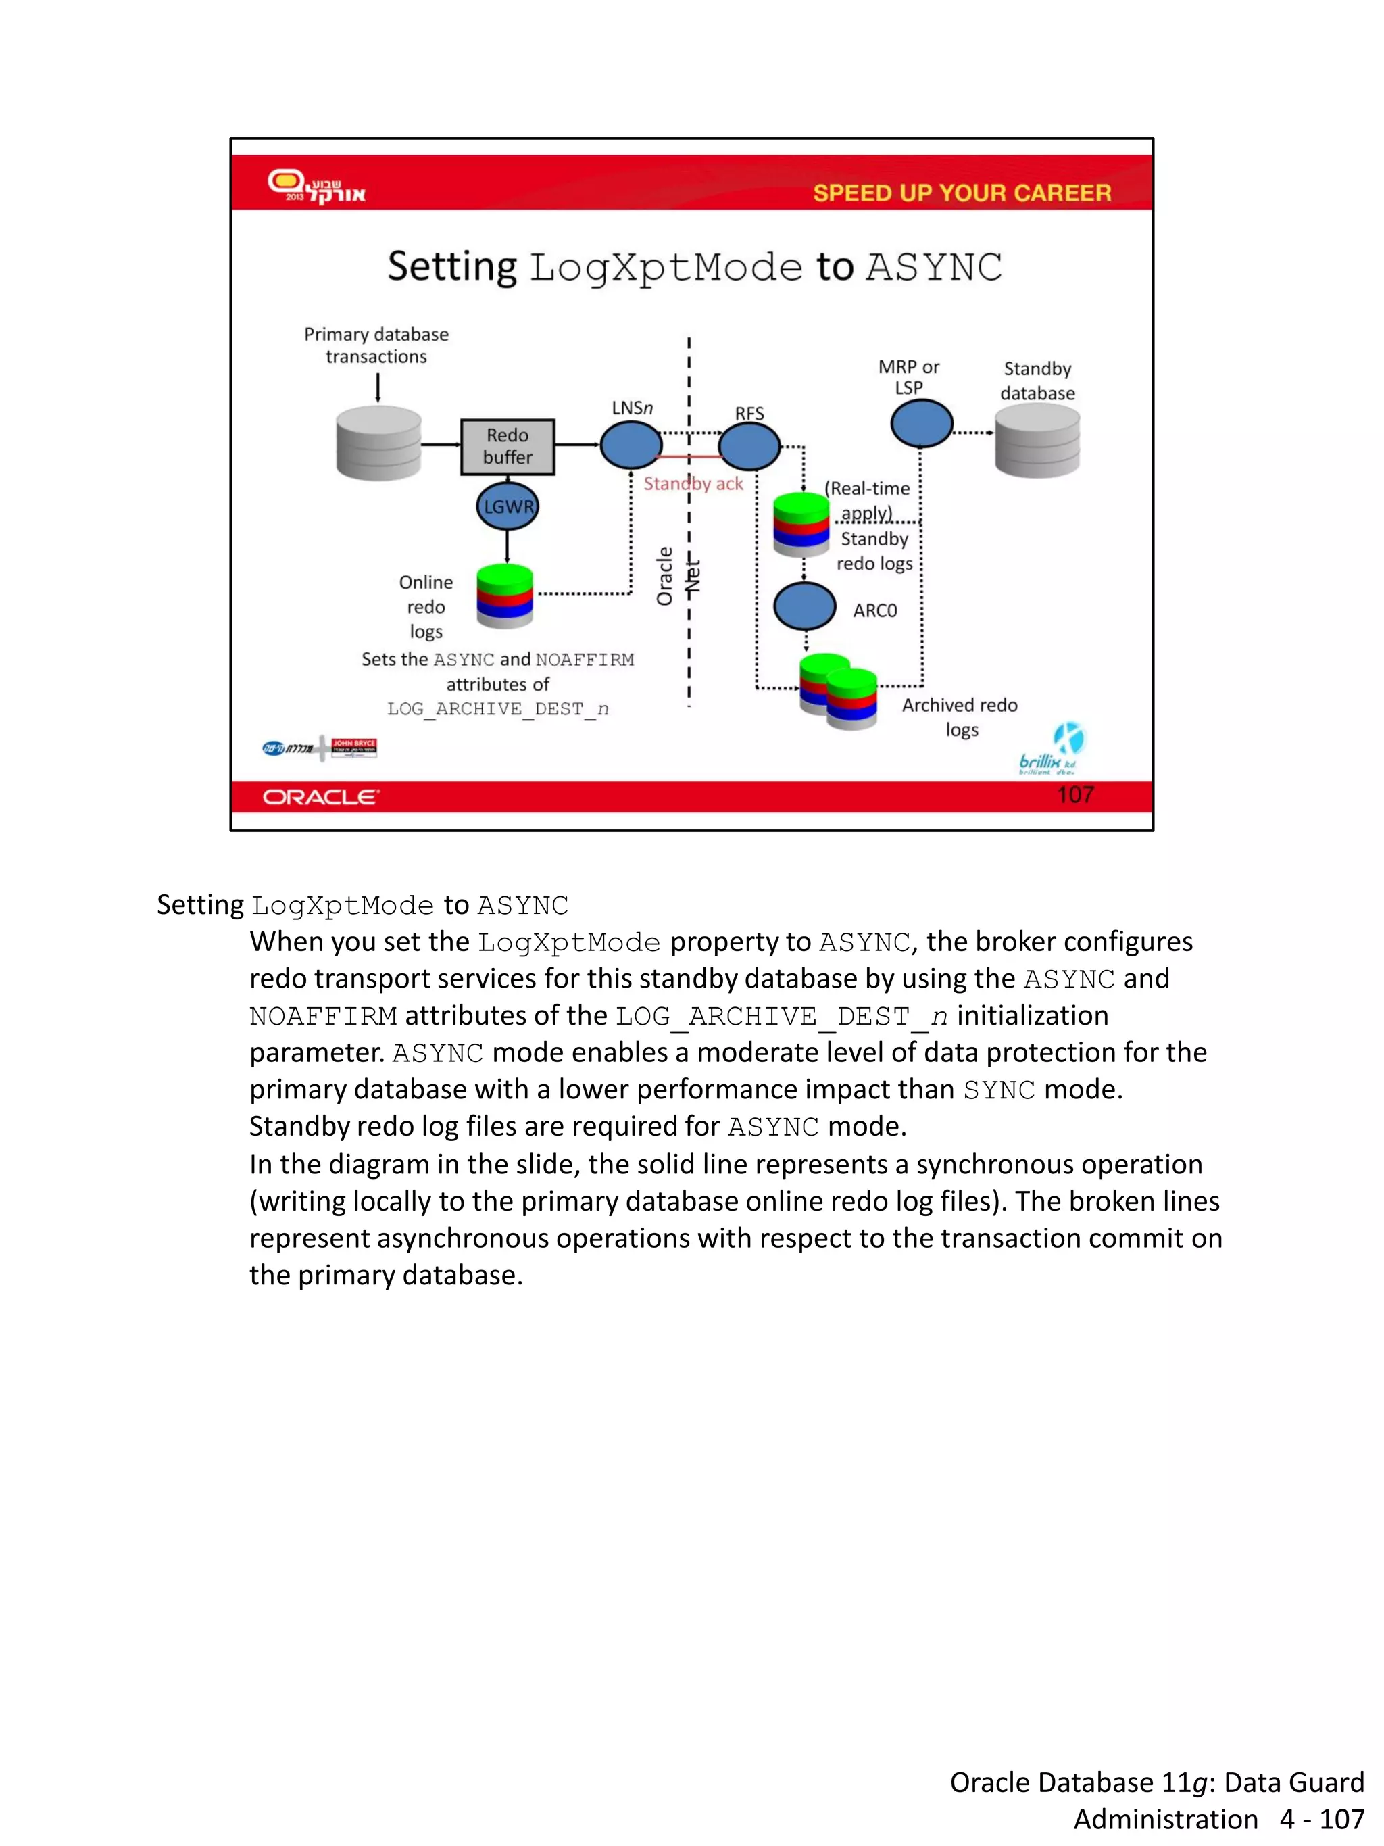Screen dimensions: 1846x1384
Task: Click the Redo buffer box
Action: tap(508, 447)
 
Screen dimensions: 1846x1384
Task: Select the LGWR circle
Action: tap(508, 506)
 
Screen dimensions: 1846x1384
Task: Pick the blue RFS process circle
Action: tap(749, 447)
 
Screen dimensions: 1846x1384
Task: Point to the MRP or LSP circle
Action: tap(921, 423)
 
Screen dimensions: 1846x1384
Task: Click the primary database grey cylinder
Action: tap(378, 443)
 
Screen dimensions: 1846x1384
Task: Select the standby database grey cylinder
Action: tap(1037, 440)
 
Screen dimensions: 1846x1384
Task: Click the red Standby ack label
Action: tap(693, 484)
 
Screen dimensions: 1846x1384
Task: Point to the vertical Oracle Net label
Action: tap(676, 576)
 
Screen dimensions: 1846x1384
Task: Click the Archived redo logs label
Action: tap(960, 717)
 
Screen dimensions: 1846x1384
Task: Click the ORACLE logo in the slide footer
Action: tap(321, 797)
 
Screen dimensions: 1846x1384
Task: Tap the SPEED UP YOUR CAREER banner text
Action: tap(962, 193)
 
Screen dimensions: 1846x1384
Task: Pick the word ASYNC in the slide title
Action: tap(933, 268)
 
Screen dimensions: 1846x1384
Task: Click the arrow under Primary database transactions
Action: tap(378, 387)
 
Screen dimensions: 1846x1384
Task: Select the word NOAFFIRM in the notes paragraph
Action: tap(324, 1017)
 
